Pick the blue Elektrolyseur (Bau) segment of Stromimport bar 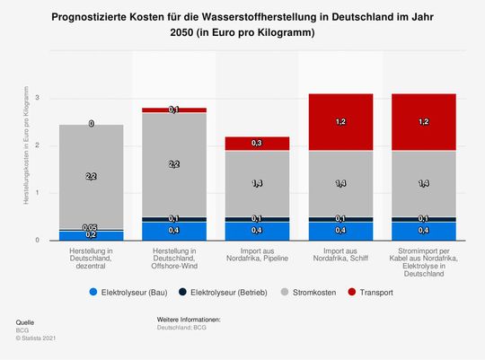422,232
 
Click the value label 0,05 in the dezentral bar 92,227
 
